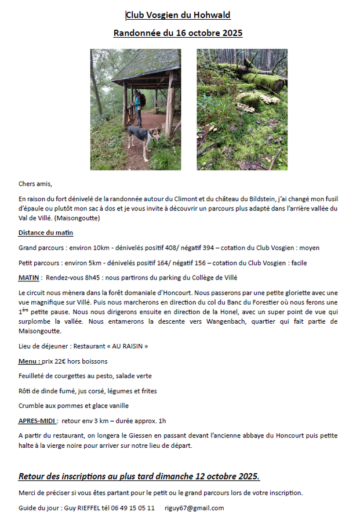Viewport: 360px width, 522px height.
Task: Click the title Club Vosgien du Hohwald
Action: tap(178, 15)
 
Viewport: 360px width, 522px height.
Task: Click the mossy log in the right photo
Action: tap(261, 78)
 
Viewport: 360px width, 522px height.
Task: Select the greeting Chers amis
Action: tap(35, 184)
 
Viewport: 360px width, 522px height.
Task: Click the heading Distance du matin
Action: tap(46, 233)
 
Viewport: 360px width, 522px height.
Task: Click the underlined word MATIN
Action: tap(29, 278)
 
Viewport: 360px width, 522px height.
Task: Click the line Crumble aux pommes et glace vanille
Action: tap(74, 405)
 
